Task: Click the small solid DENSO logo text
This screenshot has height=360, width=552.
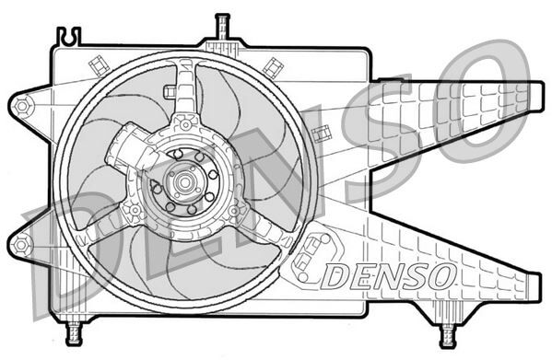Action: pyautogui.click(x=387, y=273)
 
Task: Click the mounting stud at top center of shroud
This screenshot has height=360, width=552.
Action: pyautogui.click(x=221, y=28)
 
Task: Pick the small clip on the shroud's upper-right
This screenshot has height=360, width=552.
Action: pyautogui.click(x=272, y=65)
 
